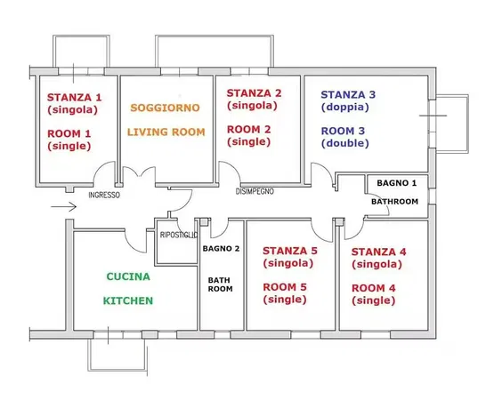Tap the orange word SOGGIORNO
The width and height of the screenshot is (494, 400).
coord(165,108)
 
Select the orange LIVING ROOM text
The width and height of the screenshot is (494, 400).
coord(166,132)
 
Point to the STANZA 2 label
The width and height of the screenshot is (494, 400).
coord(254,92)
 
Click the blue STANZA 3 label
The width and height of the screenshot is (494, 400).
coord(348,94)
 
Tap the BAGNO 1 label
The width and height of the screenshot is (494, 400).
coord(396,182)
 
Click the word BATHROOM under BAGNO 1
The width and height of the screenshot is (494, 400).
coord(395,202)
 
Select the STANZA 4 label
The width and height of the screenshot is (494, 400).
coord(379,252)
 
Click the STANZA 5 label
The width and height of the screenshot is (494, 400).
coord(290,252)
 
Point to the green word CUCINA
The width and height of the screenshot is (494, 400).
coord(128,276)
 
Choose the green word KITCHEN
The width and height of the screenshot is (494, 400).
coord(128,300)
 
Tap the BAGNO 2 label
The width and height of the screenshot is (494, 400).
coord(221,248)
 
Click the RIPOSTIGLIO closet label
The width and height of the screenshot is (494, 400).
coord(178,234)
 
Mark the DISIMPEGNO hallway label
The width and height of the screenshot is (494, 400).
coord(255,191)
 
